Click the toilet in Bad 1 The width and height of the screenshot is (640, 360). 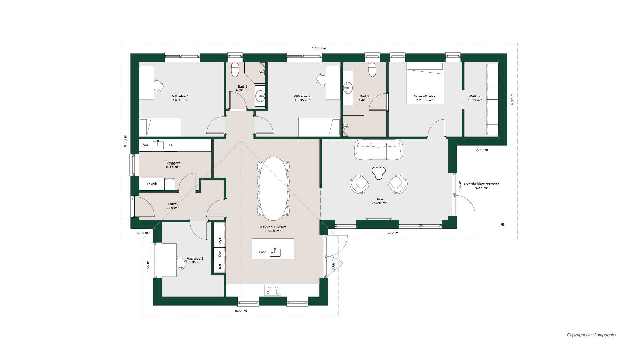[235, 70]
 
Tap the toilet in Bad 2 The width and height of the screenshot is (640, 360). [372, 70]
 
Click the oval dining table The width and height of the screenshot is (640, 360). [273, 189]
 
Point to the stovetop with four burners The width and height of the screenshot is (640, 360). [273, 290]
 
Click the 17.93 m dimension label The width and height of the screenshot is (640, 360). [319, 48]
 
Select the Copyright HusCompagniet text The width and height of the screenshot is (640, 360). [592, 335]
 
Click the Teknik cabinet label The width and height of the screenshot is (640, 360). [152, 184]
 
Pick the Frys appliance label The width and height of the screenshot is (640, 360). [220, 241]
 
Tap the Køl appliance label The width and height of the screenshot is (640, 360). [220, 267]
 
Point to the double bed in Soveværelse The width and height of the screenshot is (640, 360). [425, 83]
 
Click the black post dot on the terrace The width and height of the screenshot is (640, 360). [503, 224]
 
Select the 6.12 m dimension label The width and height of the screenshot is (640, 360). [392, 233]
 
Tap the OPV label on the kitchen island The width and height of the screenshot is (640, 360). [262, 252]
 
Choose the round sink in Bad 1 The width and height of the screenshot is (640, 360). [260, 96]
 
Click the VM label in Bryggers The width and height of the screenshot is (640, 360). [145, 145]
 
